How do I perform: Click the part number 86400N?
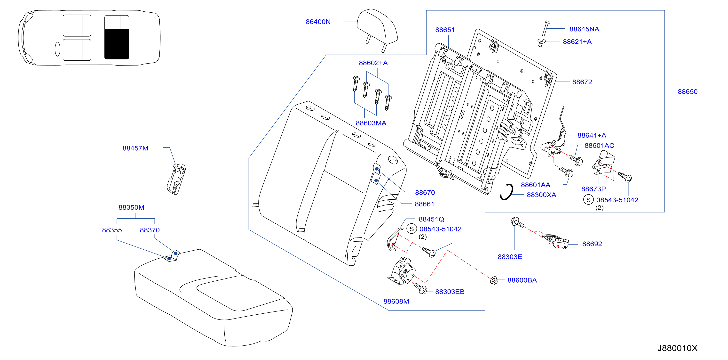(318, 22)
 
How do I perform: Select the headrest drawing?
(377, 30)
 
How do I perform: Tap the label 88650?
(687, 92)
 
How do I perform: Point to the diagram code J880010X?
(677, 348)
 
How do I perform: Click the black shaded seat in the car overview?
(117, 44)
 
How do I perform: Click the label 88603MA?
(371, 123)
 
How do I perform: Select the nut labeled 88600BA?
(494, 280)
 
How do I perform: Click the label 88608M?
(396, 301)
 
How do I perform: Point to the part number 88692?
(592, 244)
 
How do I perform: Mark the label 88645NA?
(584, 29)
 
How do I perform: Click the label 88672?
(582, 82)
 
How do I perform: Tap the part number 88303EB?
(450, 292)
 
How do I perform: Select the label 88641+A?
(592, 135)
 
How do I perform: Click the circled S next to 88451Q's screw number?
(411, 229)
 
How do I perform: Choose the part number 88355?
(112, 230)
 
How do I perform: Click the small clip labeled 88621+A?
(541, 42)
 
